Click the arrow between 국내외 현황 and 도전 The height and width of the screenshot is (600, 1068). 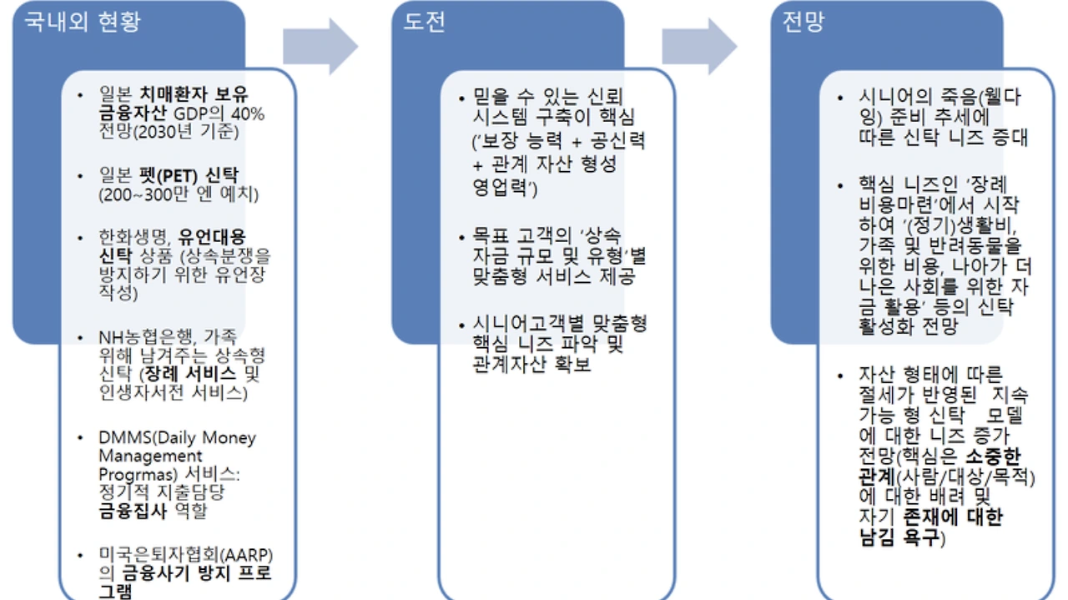click(320, 47)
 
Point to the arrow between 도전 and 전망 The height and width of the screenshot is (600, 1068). click(699, 47)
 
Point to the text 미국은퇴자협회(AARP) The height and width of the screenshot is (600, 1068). click(186, 556)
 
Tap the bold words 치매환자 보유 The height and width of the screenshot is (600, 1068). click(194, 94)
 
